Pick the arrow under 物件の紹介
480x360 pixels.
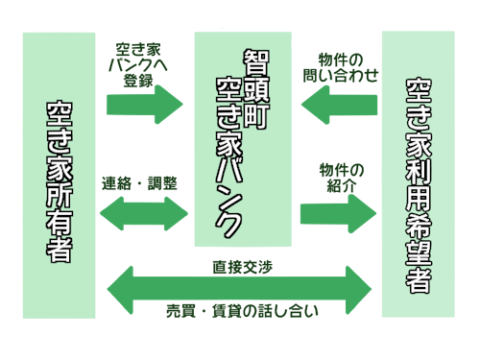(337, 211)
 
